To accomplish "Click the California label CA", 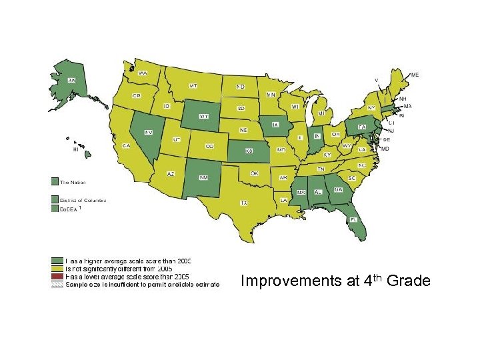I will pos(125,145).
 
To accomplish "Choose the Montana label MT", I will pos(193,86).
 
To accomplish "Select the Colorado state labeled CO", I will pos(209,146).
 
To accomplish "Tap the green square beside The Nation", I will pos(55,181).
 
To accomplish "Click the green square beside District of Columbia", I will pos(55,199).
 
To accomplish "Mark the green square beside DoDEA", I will pos(55,208).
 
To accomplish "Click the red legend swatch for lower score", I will pos(57,276).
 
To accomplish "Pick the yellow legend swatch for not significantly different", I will pos(57,268).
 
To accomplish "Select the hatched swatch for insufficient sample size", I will pos(57,283).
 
